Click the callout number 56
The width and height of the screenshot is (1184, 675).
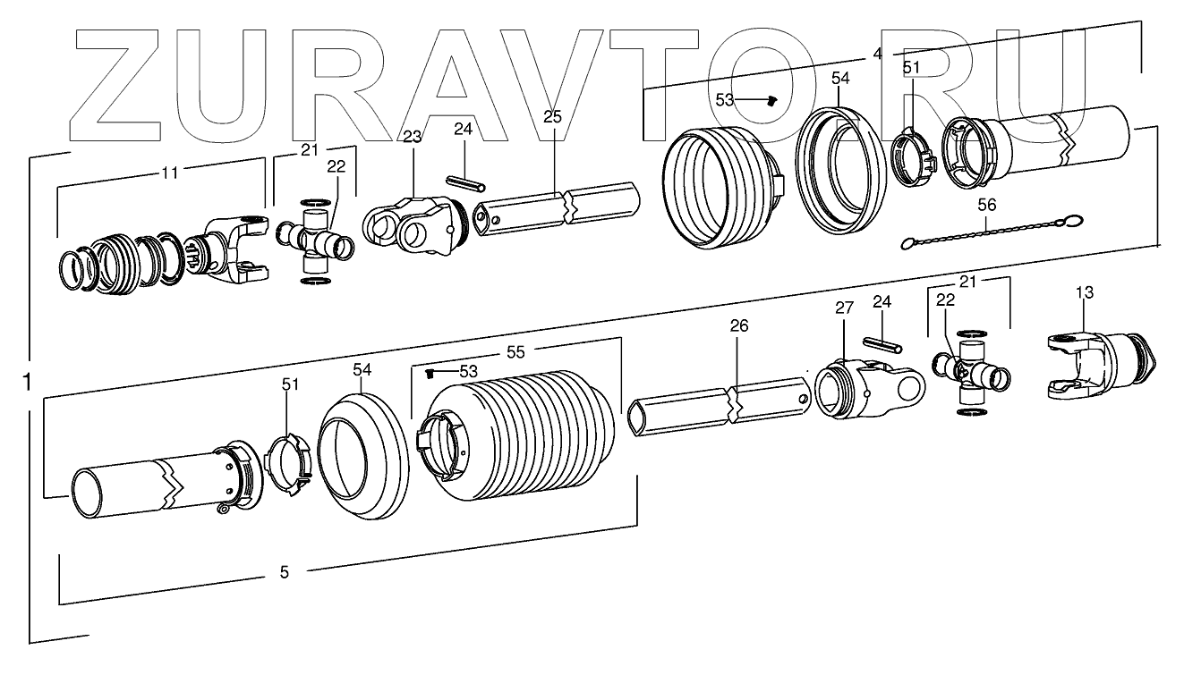(x=986, y=205)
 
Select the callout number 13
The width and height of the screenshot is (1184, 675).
(x=1084, y=292)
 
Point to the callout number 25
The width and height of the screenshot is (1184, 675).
(x=552, y=117)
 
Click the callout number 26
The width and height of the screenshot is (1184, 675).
(x=739, y=326)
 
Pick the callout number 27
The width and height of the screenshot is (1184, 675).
(x=844, y=308)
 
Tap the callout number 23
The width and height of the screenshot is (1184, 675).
(x=413, y=137)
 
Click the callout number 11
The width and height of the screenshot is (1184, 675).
(x=170, y=173)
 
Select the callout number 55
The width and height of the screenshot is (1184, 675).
(x=515, y=352)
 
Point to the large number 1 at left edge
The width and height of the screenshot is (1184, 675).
(x=28, y=382)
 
